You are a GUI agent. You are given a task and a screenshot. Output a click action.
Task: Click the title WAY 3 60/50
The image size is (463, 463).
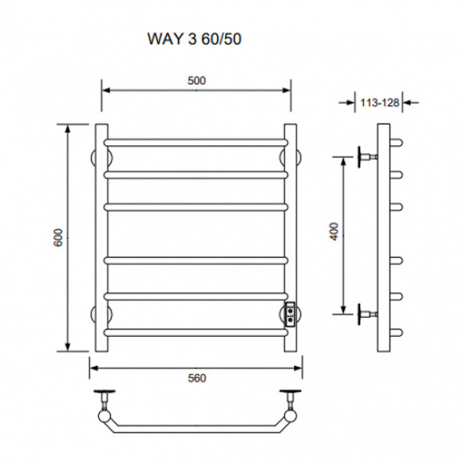(194, 38)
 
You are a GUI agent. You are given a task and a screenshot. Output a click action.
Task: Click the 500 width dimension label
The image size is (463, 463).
(196, 81)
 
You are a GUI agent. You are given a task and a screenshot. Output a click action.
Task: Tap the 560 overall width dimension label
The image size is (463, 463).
(196, 378)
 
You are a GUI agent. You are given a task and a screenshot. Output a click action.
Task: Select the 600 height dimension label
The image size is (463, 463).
(58, 237)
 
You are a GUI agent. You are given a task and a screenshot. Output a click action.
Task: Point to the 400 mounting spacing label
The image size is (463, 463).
(334, 231)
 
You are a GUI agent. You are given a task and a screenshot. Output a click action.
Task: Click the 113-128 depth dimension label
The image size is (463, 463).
(379, 103)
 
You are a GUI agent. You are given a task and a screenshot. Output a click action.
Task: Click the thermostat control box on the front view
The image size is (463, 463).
(291, 315)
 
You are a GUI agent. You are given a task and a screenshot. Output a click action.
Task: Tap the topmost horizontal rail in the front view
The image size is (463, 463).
(196, 143)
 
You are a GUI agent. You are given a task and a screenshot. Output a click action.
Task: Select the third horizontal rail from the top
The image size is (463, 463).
(196, 207)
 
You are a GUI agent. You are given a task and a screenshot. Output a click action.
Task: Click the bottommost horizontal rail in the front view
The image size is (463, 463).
(196, 333)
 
